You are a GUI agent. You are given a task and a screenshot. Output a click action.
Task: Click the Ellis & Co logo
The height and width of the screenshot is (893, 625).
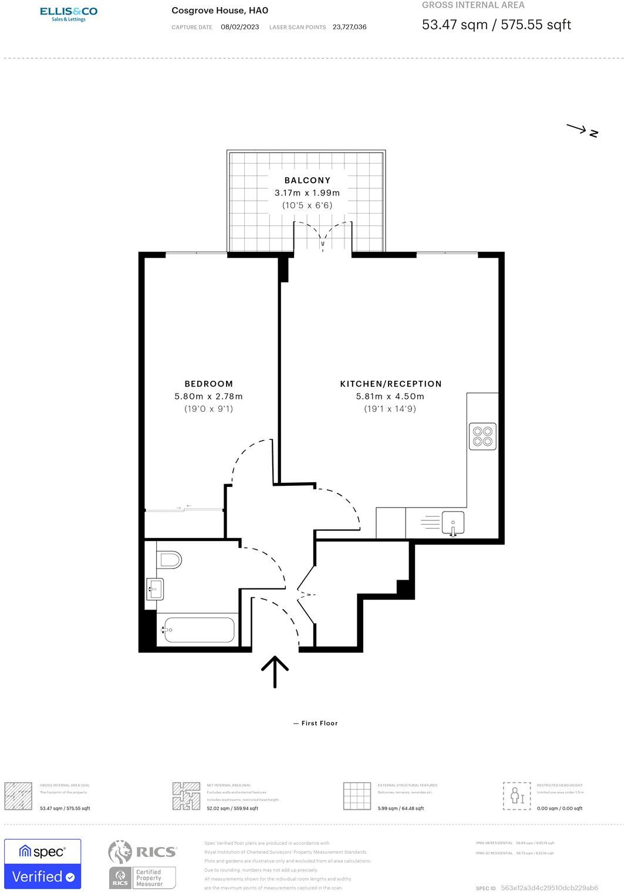(x=69, y=14)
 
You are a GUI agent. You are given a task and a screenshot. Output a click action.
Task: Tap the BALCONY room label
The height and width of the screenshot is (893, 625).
(x=307, y=180)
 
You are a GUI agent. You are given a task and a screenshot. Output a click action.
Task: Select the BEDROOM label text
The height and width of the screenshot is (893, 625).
(x=208, y=384)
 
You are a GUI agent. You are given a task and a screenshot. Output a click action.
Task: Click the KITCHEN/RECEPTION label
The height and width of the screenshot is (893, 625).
(x=391, y=384)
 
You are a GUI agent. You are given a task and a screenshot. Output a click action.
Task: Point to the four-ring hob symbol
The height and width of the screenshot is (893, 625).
(x=482, y=436)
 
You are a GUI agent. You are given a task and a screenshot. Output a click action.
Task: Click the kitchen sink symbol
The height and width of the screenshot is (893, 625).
(x=452, y=522)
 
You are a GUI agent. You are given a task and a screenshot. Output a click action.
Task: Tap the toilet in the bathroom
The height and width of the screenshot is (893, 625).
(x=169, y=559)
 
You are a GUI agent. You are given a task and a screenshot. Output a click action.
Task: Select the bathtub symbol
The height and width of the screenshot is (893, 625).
(x=199, y=630)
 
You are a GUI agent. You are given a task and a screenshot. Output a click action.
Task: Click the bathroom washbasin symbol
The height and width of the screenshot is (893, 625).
(x=155, y=588)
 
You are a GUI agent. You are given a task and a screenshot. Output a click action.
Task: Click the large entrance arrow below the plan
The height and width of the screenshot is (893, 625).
(x=275, y=671)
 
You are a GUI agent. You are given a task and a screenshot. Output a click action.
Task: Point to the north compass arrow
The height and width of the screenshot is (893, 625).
(x=582, y=130)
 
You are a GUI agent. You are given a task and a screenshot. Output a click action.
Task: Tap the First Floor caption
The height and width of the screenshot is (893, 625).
(x=316, y=723)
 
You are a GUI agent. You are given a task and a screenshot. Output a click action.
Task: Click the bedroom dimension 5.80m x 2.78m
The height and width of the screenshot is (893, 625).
(x=208, y=397)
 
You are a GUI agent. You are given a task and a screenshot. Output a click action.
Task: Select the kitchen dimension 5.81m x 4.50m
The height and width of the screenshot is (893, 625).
(x=390, y=397)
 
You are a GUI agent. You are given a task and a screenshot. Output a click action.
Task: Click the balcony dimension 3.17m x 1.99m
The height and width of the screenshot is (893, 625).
(x=307, y=192)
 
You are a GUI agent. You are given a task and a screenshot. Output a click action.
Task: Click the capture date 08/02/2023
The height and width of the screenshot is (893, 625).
(x=239, y=27)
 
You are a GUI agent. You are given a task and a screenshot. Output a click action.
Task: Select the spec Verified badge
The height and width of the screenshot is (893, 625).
(x=43, y=864)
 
